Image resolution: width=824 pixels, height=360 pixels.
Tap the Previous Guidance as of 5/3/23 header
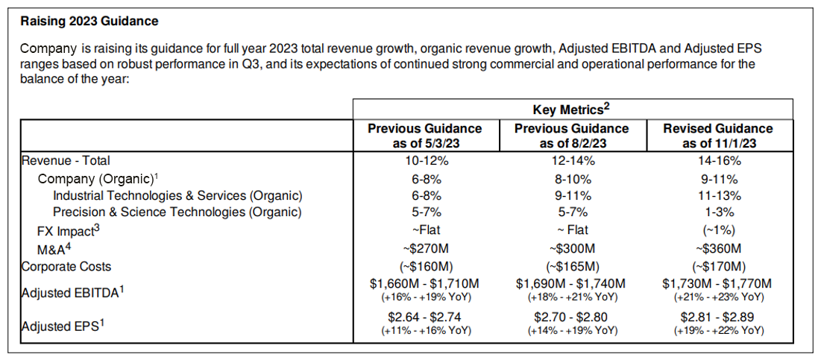point(425,136)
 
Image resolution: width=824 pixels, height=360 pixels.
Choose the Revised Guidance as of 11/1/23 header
point(718,136)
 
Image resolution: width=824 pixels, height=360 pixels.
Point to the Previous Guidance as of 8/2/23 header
point(572,136)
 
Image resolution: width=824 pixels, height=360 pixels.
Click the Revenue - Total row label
point(66,160)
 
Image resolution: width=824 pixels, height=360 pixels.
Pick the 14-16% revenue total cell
point(718,160)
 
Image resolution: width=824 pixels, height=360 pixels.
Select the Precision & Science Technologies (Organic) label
point(177,212)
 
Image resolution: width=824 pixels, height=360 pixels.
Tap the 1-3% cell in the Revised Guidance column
point(718,212)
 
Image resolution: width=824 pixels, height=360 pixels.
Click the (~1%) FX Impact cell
point(718,230)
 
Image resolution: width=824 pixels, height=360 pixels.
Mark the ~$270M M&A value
point(425,249)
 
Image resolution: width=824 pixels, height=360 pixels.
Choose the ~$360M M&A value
point(718,249)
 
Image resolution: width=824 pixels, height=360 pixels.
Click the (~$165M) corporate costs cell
point(572,266)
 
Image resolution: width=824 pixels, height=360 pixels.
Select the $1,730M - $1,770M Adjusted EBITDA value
point(718,283)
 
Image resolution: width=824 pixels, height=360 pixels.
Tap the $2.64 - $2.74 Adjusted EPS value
point(425,316)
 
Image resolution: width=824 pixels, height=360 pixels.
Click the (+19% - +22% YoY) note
point(718,329)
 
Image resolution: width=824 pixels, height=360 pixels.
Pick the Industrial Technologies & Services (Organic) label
point(177,195)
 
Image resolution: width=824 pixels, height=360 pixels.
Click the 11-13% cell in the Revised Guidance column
point(718,195)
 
